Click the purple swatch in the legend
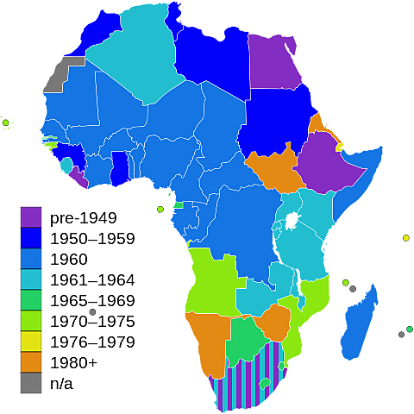click(x=30, y=216)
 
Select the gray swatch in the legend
click(x=30, y=382)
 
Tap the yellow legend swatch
click(x=30, y=341)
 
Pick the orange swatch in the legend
click(x=30, y=361)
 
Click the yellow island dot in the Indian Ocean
click(x=405, y=237)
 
